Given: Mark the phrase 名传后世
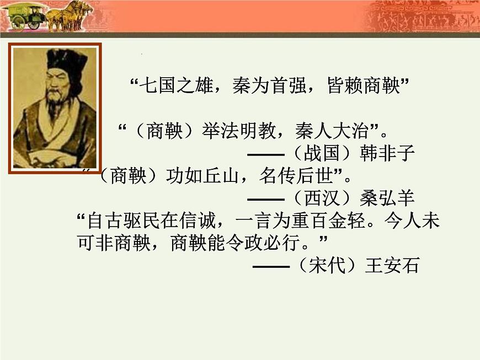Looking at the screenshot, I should pos(292,175).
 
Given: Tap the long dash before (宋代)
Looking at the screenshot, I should pos(271,266).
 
